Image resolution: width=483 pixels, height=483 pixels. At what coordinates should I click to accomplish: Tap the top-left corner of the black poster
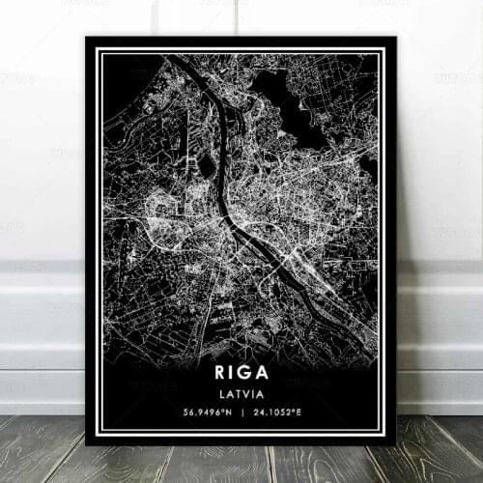[86, 38]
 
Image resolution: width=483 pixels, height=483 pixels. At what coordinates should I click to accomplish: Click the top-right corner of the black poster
[396, 38]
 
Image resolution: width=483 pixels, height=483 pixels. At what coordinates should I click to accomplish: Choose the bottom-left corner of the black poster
[86, 445]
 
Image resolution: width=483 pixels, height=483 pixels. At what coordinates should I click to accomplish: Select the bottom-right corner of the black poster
[396, 445]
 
